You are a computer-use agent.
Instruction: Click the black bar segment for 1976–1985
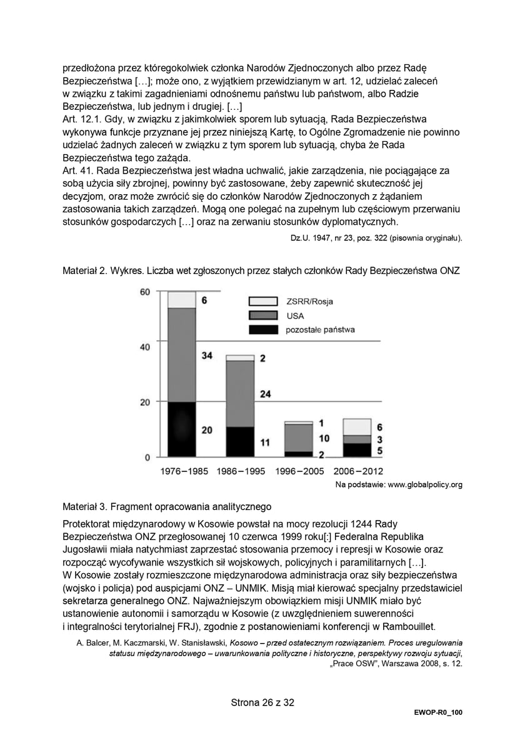[x=182, y=429]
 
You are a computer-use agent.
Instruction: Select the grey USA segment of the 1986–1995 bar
[x=240, y=394]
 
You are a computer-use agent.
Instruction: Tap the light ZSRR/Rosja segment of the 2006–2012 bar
[x=357, y=427]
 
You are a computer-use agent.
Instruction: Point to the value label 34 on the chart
[x=207, y=356]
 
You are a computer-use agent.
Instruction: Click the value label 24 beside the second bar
[x=265, y=394]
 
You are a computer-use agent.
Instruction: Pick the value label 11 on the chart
[x=265, y=443]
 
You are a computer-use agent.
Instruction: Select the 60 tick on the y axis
[x=144, y=292]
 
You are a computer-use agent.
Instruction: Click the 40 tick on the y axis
[x=144, y=347]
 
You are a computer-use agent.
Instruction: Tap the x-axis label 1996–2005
[x=299, y=471]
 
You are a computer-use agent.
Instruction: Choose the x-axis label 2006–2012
[x=358, y=471]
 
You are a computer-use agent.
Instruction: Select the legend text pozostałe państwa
[x=321, y=329]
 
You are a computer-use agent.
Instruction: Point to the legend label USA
[x=295, y=316]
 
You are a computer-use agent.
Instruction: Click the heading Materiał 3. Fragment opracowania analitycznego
[x=167, y=506]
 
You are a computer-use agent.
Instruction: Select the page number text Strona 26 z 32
[x=262, y=702]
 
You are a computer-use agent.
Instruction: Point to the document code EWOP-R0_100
[x=437, y=712]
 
